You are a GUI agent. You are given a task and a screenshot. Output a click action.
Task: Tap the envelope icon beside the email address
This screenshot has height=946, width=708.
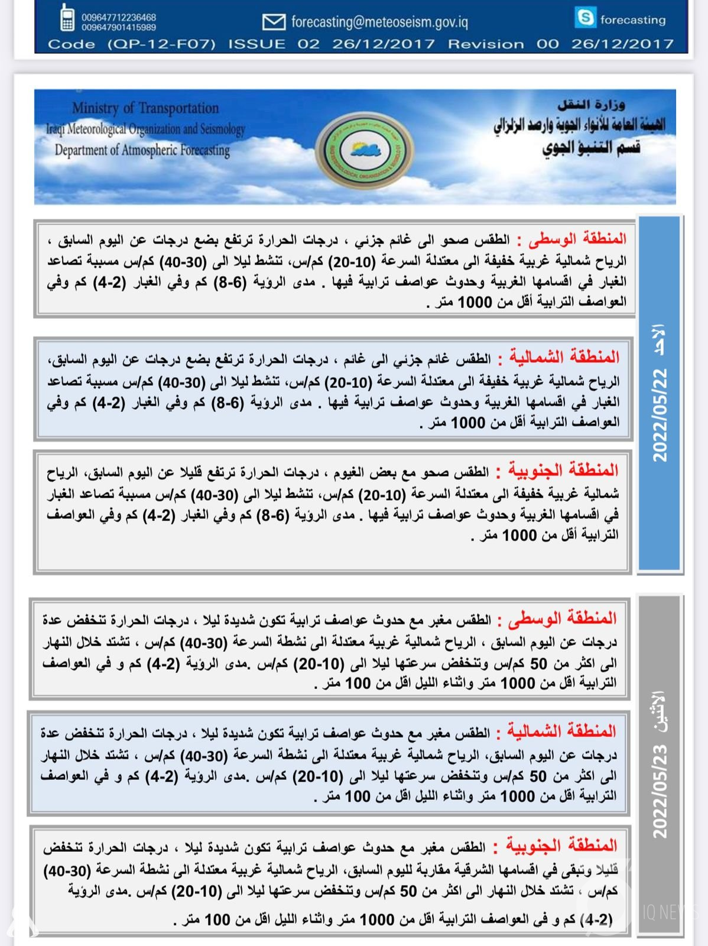(x=273, y=22)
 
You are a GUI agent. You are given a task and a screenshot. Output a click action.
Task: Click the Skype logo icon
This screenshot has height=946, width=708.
(x=585, y=18)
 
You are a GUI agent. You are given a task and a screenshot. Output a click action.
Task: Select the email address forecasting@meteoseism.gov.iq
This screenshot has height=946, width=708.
(x=379, y=22)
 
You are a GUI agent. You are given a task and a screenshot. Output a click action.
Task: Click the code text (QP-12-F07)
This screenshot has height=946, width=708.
(x=161, y=44)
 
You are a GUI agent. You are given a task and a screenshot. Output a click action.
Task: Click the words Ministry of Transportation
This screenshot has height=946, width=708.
(x=145, y=108)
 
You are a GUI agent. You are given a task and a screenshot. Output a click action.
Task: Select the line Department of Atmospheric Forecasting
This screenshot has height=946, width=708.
(x=142, y=150)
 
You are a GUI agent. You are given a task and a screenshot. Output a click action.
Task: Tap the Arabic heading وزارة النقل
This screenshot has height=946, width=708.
(x=591, y=105)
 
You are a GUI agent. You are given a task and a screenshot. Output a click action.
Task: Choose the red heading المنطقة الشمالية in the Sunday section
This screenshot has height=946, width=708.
(x=564, y=357)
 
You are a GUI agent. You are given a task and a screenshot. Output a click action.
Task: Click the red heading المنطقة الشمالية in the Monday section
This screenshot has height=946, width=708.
(x=561, y=731)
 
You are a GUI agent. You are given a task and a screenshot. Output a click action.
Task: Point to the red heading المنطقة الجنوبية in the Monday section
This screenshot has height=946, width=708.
(x=561, y=845)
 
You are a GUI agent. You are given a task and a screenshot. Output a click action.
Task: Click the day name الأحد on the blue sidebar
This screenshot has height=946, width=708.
(x=658, y=339)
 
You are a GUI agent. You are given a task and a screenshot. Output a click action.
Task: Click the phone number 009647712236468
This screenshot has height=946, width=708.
(x=119, y=18)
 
